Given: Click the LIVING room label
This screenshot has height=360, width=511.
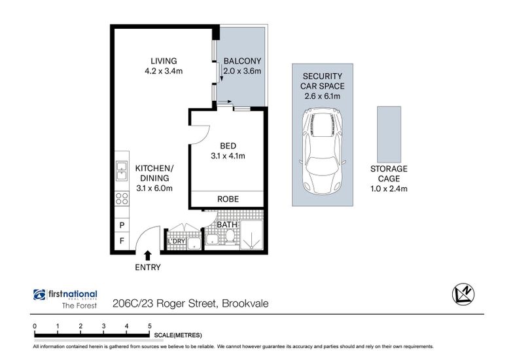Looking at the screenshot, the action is (x=164, y=61).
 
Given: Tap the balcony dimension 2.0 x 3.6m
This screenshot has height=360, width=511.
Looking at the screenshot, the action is (x=242, y=71).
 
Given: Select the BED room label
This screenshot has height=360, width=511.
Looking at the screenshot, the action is (x=228, y=146).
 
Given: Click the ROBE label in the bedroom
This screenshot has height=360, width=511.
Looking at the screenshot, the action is (x=228, y=199).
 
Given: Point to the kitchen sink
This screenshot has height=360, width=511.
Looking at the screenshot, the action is (x=122, y=171).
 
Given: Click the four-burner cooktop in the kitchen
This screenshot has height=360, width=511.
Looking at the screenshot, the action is (x=122, y=198).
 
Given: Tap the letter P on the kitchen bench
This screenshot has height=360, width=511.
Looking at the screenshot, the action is (x=122, y=225).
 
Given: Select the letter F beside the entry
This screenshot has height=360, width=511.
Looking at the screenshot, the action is (x=122, y=241).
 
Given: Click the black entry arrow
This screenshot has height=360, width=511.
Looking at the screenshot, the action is (x=148, y=255).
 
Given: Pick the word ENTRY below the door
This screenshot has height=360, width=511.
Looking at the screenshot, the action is (x=148, y=268).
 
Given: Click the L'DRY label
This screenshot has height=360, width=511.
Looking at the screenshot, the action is (x=176, y=242).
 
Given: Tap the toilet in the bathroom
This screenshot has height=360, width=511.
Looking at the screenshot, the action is (x=230, y=236).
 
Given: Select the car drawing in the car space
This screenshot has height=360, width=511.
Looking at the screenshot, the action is (x=323, y=151).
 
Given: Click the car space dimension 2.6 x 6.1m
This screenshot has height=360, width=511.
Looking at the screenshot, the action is (x=323, y=96).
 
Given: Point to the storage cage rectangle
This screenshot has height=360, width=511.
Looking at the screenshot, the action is (x=389, y=134).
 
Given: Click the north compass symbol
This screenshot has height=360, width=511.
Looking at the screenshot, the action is (x=463, y=294).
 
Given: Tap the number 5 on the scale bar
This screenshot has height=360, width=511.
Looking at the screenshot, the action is (x=150, y=326).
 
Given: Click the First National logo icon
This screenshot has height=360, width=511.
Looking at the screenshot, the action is (x=39, y=295).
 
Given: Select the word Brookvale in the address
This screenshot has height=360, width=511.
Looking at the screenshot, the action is (x=245, y=304).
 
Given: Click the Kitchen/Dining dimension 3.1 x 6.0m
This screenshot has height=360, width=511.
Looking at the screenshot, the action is (x=154, y=188).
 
